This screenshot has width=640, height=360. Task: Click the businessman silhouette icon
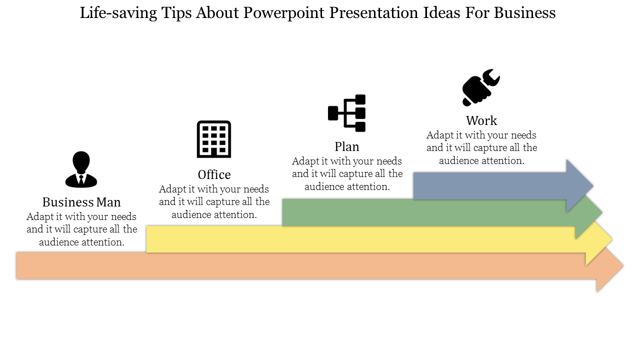click(81, 169)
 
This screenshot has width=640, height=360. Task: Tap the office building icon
click(214, 139)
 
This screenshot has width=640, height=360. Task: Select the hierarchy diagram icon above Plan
click(347, 113)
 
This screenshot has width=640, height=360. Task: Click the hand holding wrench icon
click(481, 87)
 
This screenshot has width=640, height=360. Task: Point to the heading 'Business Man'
click(81, 202)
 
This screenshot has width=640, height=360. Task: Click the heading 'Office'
click(214, 174)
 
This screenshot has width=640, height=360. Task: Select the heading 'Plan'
click(347, 146)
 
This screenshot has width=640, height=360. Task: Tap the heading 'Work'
click(481, 120)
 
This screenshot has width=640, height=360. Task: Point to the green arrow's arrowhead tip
click(602, 212)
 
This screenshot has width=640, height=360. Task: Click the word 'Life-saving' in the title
click(118, 13)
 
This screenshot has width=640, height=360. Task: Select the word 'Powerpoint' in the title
click(283, 13)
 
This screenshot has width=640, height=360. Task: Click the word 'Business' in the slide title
click(525, 12)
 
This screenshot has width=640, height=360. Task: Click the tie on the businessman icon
click(81, 179)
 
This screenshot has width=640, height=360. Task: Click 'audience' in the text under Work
click(458, 160)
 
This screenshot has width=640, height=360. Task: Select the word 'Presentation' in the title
click(373, 12)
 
